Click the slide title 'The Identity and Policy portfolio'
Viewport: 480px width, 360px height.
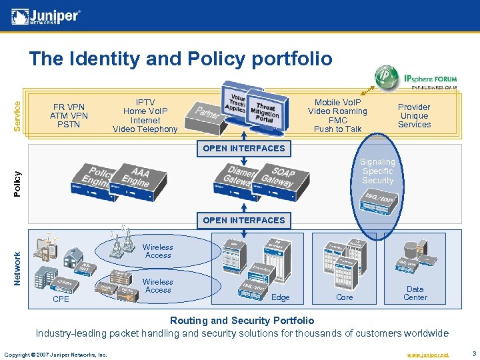point(180,59)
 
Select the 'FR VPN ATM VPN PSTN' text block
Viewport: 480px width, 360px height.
point(69,115)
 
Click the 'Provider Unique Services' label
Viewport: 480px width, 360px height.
point(414,115)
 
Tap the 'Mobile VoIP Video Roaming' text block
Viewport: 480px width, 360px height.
point(337,116)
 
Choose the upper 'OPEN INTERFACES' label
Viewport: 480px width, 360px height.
point(243,148)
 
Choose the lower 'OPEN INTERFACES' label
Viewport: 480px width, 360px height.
point(243,220)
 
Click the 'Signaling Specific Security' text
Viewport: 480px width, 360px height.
point(377,171)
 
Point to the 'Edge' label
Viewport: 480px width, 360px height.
point(281,297)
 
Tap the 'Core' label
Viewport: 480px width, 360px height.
point(345,297)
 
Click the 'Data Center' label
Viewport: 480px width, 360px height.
point(415,293)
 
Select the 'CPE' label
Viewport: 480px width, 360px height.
point(61,299)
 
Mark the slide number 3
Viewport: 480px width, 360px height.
point(473,354)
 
